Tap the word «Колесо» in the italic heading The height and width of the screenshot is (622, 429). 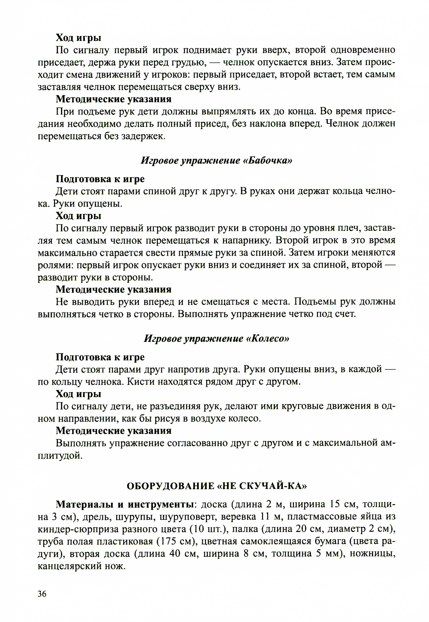click(268, 339)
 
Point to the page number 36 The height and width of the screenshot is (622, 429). click(42, 594)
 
